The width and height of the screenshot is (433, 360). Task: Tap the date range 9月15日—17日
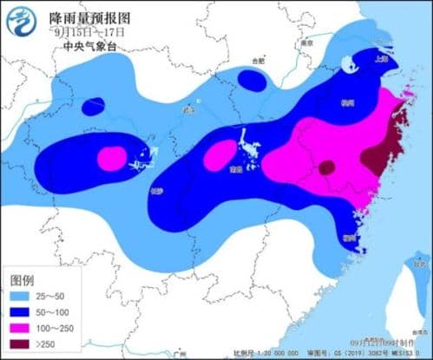click(89, 32)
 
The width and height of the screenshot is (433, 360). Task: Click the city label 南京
click(305, 42)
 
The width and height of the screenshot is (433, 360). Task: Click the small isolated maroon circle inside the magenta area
click(326, 167)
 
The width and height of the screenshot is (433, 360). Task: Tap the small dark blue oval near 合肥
click(253, 80)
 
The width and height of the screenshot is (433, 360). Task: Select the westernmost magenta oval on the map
click(111, 159)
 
